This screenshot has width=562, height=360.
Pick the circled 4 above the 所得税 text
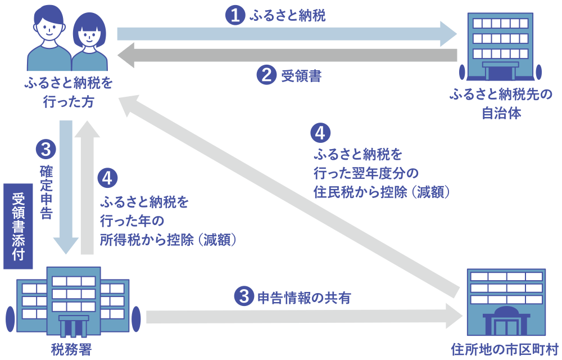107,178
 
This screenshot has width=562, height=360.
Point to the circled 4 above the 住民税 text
320,133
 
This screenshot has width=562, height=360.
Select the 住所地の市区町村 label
504,349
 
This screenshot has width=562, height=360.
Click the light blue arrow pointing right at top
287,34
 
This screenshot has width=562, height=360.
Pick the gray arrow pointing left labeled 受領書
287,55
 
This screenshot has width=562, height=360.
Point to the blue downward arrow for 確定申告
66,186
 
